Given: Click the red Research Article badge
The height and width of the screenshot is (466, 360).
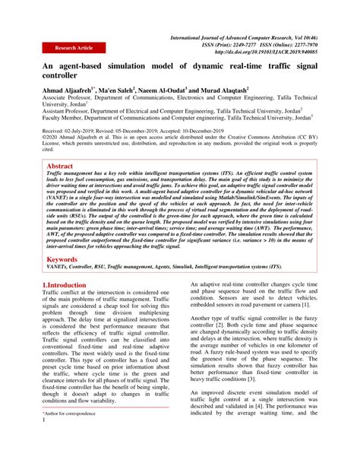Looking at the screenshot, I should (x=74, y=48).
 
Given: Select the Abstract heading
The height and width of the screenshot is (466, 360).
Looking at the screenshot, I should (x=61, y=165).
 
